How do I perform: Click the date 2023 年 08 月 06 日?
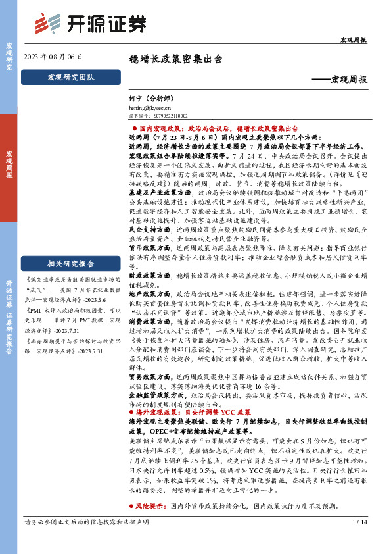[x=53, y=57]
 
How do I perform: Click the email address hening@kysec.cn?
[x=150, y=105]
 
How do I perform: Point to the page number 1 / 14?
[x=360, y=541]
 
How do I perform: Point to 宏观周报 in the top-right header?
[x=352, y=40]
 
